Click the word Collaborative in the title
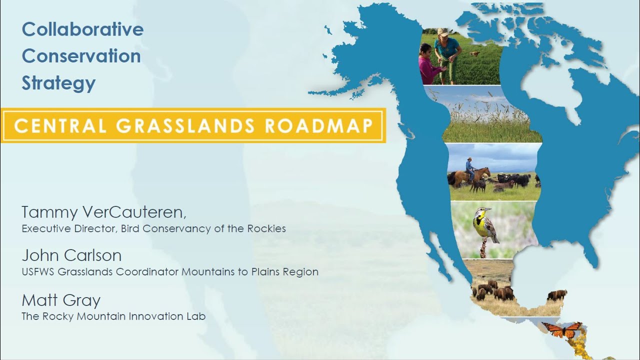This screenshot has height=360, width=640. point(82,29)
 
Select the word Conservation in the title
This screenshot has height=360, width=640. point(81,56)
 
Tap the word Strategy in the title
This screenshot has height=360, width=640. point(58,83)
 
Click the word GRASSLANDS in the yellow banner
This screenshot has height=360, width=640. point(185,126)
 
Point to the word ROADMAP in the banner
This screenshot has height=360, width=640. point(318,126)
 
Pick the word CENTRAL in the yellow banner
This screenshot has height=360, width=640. point(60,126)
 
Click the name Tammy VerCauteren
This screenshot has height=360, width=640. point(103,212)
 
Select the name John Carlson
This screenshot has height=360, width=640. point(71,255)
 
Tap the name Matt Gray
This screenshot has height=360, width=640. point(61,300)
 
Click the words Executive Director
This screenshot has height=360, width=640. point(68,229)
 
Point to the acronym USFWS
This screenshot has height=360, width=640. point(38,272)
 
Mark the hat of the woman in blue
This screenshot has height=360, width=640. point(443,32)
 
